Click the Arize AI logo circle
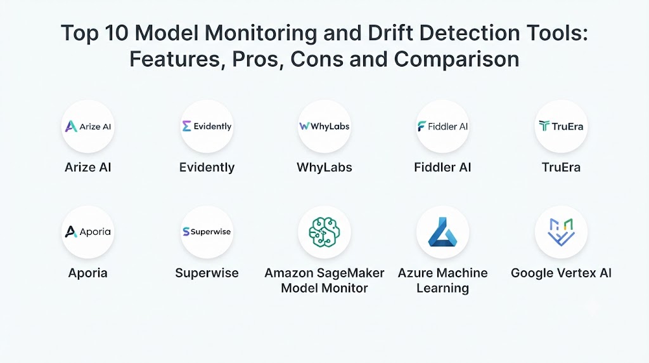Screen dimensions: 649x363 click(x=87, y=126)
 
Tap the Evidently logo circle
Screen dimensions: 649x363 click(x=207, y=126)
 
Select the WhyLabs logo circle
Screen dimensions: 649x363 click(x=324, y=126)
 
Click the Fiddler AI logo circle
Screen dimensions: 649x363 click(x=442, y=126)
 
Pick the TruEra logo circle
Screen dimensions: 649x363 click(x=562, y=126)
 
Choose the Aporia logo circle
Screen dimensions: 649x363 click(x=87, y=232)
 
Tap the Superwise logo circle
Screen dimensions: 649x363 click(x=207, y=232)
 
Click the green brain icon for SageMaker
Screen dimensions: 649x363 click(x=324, y=232)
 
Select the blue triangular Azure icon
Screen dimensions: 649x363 click(x=442, y=232)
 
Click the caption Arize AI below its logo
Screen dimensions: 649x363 click(x=87, y=168)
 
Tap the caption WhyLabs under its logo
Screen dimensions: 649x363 click(x=324, y=168)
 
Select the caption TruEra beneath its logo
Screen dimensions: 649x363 click(x=562, y=168)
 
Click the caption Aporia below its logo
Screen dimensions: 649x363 click(x=87, y=273)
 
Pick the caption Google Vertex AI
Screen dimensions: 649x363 click(x=562, y=273)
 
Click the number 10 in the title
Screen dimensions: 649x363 click(x=117, y=33)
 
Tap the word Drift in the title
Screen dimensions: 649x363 click(x=390, y=33)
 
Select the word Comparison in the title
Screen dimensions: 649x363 click(x=456, y=59)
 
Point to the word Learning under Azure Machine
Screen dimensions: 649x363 click(x=442, y=288)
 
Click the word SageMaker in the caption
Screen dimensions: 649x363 click(x=354, y=273)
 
